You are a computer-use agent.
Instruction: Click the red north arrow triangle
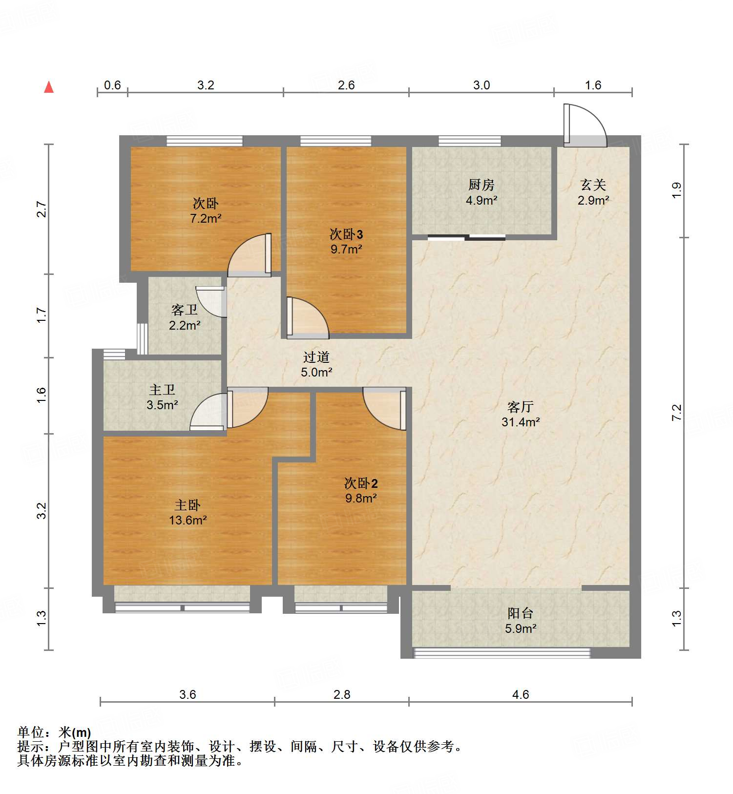49,87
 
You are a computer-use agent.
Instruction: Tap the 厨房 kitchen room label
482,185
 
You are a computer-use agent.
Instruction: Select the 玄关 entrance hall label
593,185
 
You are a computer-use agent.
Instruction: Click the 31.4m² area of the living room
521,422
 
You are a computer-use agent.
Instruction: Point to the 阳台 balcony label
521,613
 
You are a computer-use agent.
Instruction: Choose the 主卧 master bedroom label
188,505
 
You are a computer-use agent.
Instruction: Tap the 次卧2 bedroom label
361,483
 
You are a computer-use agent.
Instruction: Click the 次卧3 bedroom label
346,234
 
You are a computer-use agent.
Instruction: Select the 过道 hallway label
316,357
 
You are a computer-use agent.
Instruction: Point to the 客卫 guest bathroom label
185,310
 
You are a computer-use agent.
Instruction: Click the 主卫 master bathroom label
162,390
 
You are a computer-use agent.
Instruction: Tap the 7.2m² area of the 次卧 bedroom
206,218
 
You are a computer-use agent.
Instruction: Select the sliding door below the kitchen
466,238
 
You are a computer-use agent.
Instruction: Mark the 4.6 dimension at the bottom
521,694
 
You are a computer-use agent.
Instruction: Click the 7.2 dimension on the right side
677,413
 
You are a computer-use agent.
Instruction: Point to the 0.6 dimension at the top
112,85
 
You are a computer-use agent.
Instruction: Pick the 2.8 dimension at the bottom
342,694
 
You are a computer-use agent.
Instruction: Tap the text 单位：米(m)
54,732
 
